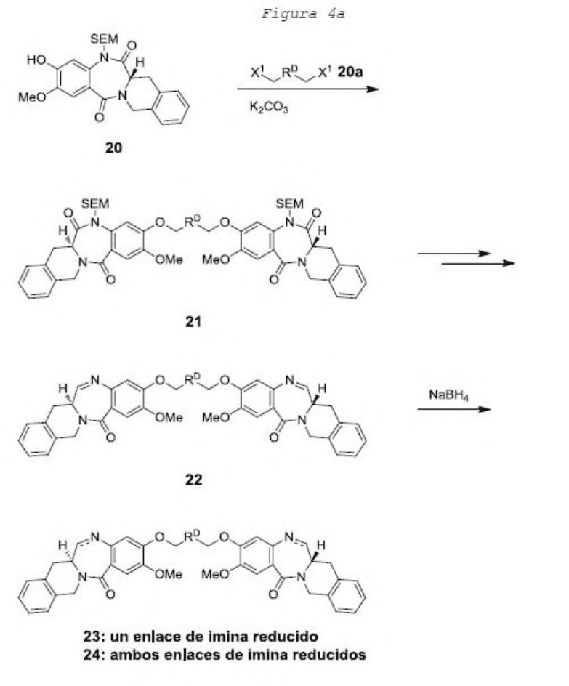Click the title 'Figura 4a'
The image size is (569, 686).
pyautogui.click(x=303, y=14)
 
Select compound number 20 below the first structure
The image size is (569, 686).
pyautogui.click(x=113, y=148)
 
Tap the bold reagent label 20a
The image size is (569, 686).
pyautogui.click(x=350, y=72)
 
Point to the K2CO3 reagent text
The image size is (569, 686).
pyautogui.click(x=269, y=107)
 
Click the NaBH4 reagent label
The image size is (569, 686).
pyautogui.click(x=448, y=395)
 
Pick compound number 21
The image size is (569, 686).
pyautogui.click(x=193, y=321)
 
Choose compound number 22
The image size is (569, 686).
pyautogui.click(x=193, y=480)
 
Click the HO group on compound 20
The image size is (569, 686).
pyautogui.click(x=36, y=60)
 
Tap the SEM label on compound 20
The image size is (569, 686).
pyautogui.click(x=104, y=39)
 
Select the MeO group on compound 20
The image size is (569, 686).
pyautogui.click(x=32, y=97)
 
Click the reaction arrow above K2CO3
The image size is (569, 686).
pyautogui.click(x=307, y=89)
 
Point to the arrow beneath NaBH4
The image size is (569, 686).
pyautogui.click(x=453, y=410)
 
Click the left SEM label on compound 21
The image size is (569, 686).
pyautogui.click(x=95, y=204)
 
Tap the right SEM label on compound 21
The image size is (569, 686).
pyautogui.click(x=289, y=204)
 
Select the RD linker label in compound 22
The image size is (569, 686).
pyautogui.click(x=193, y=379)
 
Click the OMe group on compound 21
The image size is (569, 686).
pyautogui.click(x=169, y=259)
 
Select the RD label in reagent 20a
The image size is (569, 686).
pyautogui.click(x=289, y=72)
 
